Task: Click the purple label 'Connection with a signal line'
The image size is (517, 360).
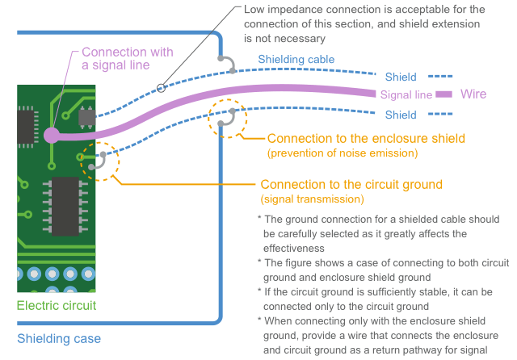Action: [x=127, y=58]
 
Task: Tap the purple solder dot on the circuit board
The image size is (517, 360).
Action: [x=50, y=135]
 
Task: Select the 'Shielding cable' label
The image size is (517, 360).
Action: [x=296, y=59]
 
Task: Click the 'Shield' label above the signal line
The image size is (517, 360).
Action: [x=401, y=77]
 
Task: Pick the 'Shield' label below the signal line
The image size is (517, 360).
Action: [x=401, y=115]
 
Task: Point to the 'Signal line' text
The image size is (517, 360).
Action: [x=406, y=94]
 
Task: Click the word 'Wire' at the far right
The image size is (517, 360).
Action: [x=473, y=94]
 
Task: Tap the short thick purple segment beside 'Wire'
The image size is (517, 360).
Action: [x=443, y=94]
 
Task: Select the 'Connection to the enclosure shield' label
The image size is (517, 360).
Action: [x=366, y=138]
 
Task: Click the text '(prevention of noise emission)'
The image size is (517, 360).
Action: [x=342, y=153]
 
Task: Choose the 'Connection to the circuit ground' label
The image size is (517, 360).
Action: [x=351, y=184]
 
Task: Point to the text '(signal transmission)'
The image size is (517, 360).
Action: [x=312, y=199]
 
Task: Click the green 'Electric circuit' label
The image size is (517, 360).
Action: [x=57, y=305]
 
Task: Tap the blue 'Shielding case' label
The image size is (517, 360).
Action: [x=59, y=339]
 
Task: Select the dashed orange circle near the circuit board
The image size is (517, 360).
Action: [x=100, y=162]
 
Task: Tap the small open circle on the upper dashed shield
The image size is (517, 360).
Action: [x=161, y=86]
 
